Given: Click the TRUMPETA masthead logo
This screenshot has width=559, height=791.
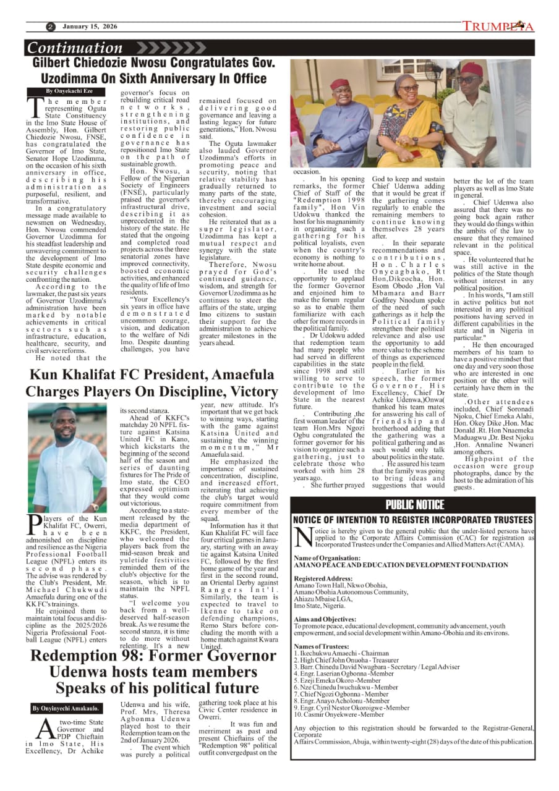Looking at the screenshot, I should coord(498,27).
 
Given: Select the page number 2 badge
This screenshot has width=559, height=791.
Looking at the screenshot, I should coord(50,27).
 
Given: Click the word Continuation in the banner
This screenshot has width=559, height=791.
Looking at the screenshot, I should coord(75,48).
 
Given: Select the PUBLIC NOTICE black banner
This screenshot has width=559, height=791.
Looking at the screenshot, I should coord(416,504).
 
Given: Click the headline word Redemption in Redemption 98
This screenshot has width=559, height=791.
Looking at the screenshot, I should coord(95,655).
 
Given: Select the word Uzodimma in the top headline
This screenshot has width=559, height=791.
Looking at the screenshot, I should coord(83,78).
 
